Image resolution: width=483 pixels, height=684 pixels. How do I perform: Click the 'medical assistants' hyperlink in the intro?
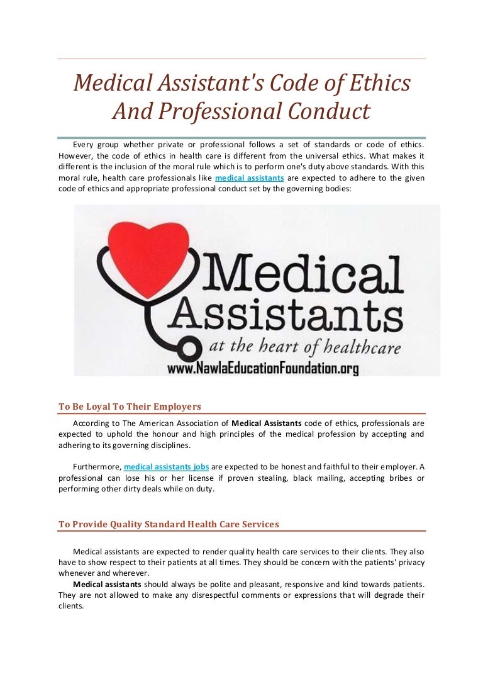(250, 178)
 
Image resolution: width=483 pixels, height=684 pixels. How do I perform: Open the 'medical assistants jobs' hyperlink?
(167, 467)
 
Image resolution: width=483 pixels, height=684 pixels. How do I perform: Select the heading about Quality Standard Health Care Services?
(169, 524)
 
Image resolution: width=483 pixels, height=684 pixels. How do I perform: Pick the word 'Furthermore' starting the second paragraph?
(97, 467)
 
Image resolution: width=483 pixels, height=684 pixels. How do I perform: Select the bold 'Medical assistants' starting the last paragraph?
(106, 584)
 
